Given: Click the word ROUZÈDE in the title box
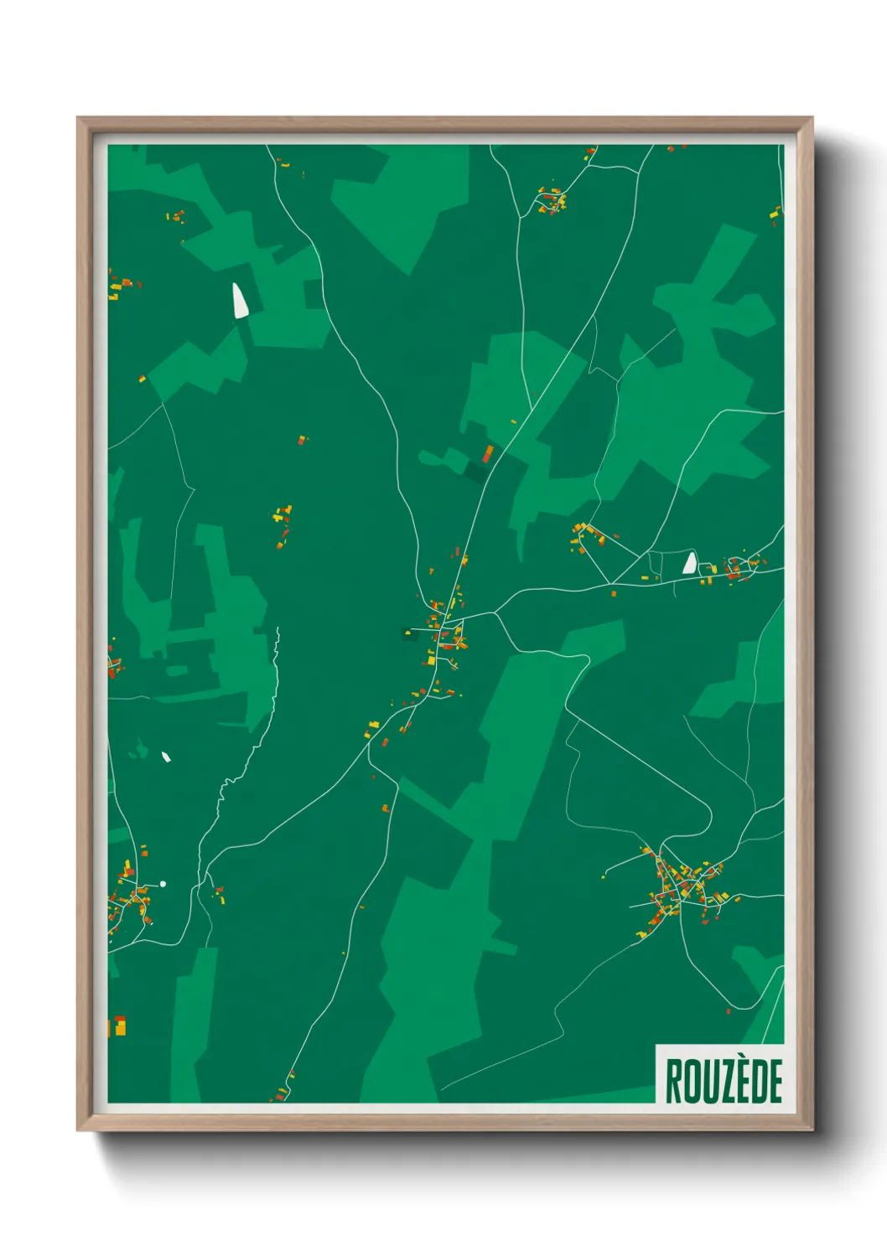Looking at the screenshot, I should point(724,1081).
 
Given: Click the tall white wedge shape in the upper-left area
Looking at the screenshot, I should point(240,301).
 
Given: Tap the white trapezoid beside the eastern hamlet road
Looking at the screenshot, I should point(690,563).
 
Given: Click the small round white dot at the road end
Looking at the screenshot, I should point(163,884).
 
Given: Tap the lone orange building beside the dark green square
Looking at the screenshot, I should point(488,453).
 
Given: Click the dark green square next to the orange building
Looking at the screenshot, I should point(475,472).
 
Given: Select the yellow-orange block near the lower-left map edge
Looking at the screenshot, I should point(119,1026).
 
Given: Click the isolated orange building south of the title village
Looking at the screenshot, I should point(386,809).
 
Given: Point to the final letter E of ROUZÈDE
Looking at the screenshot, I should point(775,1082).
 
